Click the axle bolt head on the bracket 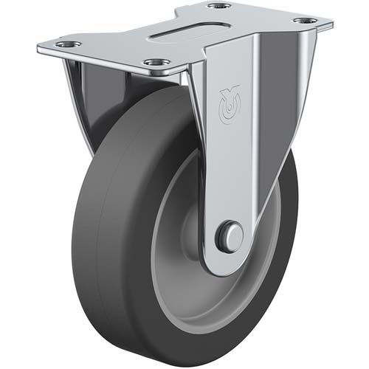pyautogui.click(x=231, y=237)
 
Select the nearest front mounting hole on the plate pyautogui.click(x=155, y=63)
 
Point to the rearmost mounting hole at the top pyautogui.click(x=218, y=6)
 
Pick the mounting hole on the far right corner pyautogui.click(x=305, y=21)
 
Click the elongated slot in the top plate pyautogui.click(x=188, y=34)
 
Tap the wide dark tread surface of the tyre pyautogui.click(x=111, y=221)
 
